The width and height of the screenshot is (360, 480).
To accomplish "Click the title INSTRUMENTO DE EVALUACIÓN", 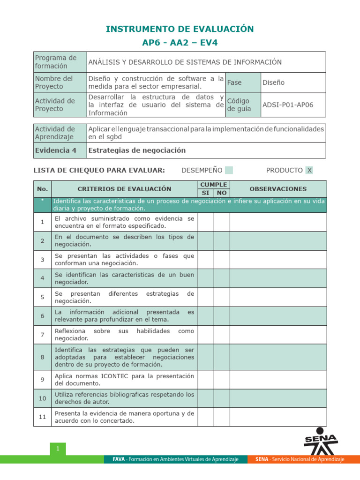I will [x=180, y=29].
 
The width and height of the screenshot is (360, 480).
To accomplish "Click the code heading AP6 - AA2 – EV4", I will [x=180, y=43].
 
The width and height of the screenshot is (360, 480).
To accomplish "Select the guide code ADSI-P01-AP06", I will [x=288, y=105].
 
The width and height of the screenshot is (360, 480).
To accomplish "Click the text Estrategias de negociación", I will [x=137, y=150].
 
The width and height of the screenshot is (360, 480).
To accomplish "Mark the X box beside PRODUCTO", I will [x=309, y=170].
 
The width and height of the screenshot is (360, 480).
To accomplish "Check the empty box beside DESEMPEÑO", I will [x=229, y=170].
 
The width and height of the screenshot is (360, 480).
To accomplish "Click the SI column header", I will [x=205, y=193].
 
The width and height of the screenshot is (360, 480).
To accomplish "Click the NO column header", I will [x=221, y=193].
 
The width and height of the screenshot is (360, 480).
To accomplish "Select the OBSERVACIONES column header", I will [x=278, y=189].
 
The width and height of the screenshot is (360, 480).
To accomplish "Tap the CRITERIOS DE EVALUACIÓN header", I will [x=124, y=189].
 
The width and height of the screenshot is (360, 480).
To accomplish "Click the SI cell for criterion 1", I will [x=205, y=222].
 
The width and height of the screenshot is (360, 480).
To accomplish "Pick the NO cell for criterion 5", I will [x=221, y=297].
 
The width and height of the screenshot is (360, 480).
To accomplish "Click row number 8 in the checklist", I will [x=42, y=357].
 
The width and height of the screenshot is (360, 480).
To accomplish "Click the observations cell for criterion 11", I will [x=278, y=417].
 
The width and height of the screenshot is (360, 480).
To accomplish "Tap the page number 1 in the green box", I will [x=58, y=449].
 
